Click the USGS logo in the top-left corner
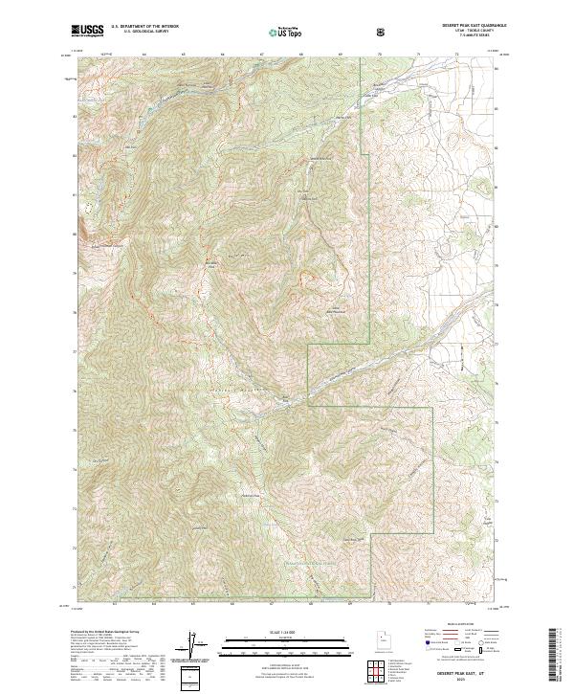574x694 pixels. (x=87, y=31)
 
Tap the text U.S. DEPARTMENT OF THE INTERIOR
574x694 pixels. (x=144, y=28)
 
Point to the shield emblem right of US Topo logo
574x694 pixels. (x=327, y=32)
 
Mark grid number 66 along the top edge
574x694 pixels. (x=222, y=55)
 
